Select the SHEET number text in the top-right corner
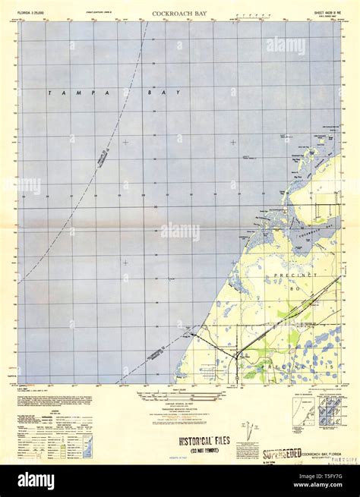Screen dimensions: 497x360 pos(318,14)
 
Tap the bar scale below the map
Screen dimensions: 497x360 pos(177,395)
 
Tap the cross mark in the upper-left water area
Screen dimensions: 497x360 pos(125,142)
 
